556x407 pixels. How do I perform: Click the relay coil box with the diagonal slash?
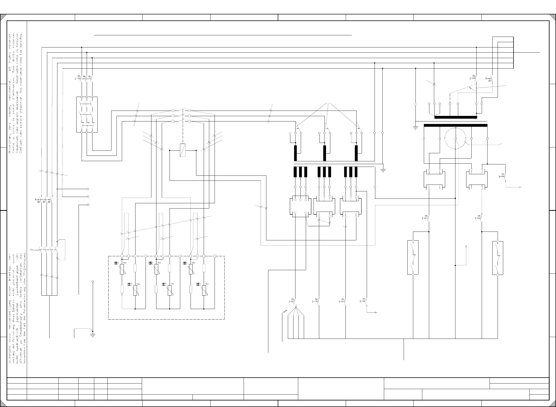click(x=182, y=150)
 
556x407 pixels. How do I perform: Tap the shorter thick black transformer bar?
click(x=455, y=117)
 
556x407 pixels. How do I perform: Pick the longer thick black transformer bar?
click(x=455, y=125)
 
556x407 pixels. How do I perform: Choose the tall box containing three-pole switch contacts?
click(x=87, y=114)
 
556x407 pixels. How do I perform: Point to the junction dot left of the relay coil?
click(x=170, y=150)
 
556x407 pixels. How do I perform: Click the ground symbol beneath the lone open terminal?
click(x=93, y=335)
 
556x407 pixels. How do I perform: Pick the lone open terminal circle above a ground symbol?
click(x=93, y=281)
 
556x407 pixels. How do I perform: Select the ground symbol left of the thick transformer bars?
click(x=415, y=128)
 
